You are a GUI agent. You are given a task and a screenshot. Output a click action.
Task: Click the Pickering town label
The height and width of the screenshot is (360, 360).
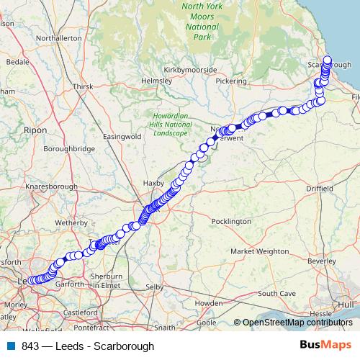tap(231, 82)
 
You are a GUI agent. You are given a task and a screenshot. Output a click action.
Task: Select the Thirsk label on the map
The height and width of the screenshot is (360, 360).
tap(84, 86)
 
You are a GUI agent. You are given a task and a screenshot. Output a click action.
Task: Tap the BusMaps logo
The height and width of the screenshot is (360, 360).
tap(325, 345)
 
